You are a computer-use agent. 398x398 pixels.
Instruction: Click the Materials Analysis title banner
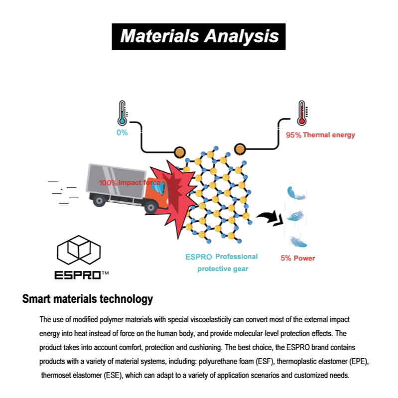[x=198, y=36]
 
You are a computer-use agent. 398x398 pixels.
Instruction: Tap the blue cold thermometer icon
[x=123, y=113]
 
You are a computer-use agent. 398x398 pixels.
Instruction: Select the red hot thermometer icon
[x=302, y=113]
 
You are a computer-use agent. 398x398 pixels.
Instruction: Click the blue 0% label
[x=122, y=133]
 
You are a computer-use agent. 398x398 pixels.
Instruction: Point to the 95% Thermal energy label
[x=320, y=135]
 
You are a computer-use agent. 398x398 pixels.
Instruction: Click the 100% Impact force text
[x=130, y=182]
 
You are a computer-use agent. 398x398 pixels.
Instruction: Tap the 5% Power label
[x=298, y=258]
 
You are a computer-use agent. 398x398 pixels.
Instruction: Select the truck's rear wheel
[x=99, y=201]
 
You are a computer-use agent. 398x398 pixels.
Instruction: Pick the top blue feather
[x=296, y=193]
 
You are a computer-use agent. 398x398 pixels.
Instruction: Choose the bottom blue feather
[x=298, y=242]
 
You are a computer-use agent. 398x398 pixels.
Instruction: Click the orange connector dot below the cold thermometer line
[x=180, y=152]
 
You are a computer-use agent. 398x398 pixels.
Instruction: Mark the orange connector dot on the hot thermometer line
[x=240, y=149]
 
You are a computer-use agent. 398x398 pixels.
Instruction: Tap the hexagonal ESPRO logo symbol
[x=79, y=250]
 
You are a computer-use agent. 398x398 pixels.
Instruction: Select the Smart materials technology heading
[x=88, y=299]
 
